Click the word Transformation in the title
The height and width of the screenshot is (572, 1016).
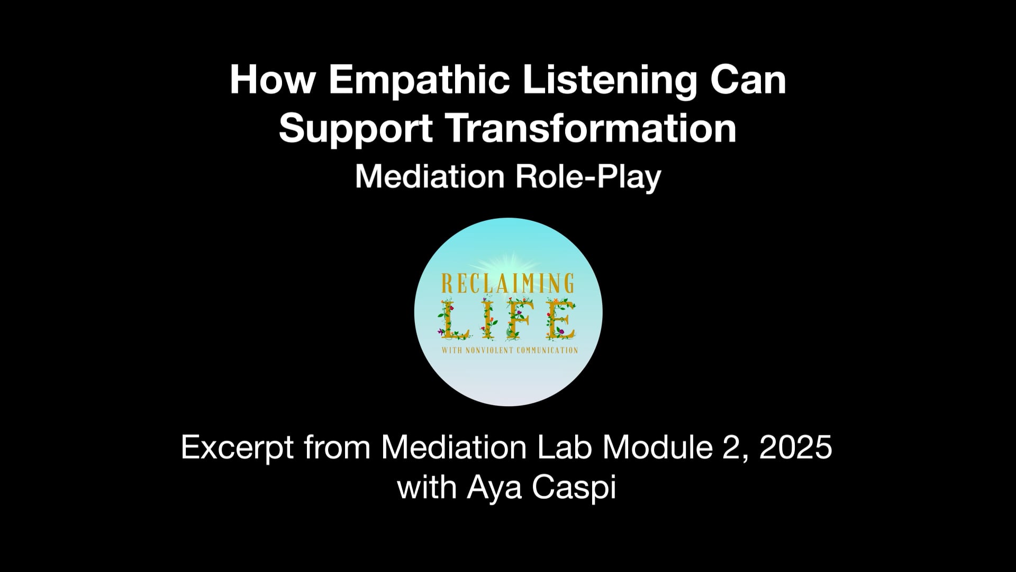point(592,129)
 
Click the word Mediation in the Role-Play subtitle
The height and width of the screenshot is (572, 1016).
point(430,176)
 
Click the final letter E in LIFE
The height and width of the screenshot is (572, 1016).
point(559,320)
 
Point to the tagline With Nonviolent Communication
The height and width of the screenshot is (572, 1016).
point(508,350)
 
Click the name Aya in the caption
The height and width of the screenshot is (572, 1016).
point(495,488)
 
